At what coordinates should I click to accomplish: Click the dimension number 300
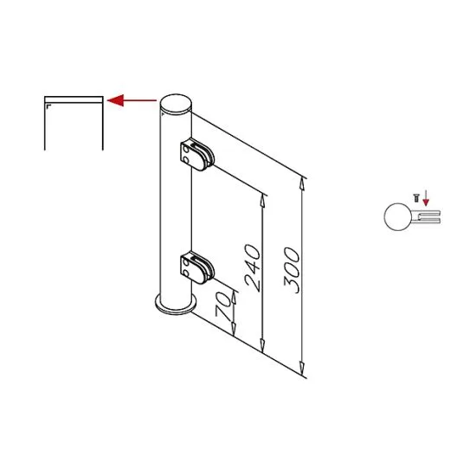pos(292,270)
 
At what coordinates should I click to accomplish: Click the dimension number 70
pos(223,307)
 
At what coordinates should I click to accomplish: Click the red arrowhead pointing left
pos(113,100)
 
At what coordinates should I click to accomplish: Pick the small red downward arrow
pos(426,202)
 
